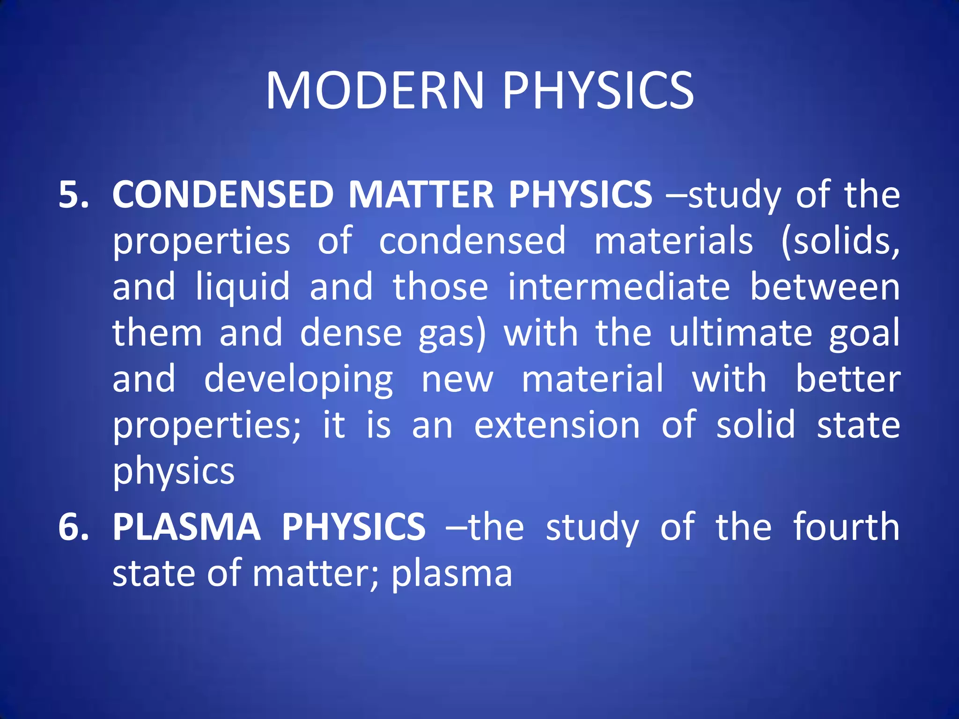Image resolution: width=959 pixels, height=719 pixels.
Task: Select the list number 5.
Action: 73,194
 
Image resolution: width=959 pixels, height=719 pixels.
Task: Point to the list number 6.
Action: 73,527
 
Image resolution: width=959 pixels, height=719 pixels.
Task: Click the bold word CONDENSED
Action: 223,194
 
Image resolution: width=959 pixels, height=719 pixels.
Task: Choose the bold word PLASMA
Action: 186,527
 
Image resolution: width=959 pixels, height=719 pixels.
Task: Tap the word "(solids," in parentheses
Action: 840,241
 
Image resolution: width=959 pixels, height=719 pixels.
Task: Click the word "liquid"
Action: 243,286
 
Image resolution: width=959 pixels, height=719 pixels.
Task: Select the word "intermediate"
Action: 619,286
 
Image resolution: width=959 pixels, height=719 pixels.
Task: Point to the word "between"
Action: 825,286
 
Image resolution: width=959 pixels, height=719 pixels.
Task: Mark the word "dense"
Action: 351,333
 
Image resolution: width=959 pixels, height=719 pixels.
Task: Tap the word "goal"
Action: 864,333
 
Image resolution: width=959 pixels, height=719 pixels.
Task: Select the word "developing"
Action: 299,379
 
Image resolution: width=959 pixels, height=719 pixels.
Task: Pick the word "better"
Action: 848,379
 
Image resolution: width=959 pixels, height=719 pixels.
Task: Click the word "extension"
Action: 557,425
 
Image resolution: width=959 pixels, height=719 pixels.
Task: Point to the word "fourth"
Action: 846,527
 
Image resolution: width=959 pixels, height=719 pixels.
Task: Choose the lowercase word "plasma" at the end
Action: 452,573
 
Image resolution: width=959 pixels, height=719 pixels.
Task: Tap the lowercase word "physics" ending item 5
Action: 174,471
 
